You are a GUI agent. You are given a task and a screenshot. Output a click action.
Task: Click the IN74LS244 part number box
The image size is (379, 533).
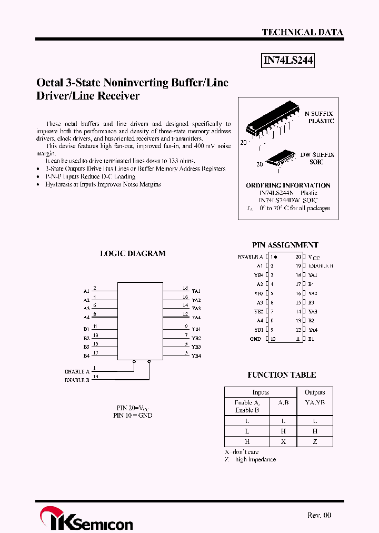coord(288,61)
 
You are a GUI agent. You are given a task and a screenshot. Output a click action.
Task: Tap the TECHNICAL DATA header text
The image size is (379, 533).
coord(302,32)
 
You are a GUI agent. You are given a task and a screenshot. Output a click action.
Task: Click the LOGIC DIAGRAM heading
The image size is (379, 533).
coord(133,253)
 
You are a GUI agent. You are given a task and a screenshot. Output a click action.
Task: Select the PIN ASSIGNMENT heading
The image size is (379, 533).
coord(285,245)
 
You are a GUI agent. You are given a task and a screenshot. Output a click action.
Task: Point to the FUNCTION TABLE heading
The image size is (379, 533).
coord(282,375)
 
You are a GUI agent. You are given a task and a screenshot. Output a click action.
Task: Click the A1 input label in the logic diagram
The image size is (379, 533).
coord(86,291)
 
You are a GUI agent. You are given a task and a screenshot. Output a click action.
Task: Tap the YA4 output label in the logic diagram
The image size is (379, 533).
coord(196,318)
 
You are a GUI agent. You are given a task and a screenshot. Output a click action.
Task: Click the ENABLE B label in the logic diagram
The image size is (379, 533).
coord(77,379)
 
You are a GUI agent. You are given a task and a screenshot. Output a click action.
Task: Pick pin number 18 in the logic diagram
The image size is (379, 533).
coord(185,288)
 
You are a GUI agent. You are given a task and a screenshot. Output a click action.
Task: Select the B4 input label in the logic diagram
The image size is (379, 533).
coord(86,356)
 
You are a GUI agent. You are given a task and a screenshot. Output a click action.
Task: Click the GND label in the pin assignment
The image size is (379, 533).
coord(255,339)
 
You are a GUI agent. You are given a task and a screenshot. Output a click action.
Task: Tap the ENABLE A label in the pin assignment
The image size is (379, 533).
coord(250,257)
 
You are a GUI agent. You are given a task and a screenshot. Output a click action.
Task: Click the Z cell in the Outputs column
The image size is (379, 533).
coord(315,442)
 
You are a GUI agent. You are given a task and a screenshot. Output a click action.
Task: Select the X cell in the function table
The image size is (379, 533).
coord(283,442)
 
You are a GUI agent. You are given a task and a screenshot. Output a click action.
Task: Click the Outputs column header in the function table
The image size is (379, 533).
coord(315,392)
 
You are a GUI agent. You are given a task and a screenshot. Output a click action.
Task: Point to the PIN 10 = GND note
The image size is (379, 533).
coord(133,415)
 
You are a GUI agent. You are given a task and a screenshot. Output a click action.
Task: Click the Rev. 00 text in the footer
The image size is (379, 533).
coord(319,515)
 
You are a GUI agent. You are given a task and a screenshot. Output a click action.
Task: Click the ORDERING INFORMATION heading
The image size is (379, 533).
coord(288,185)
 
